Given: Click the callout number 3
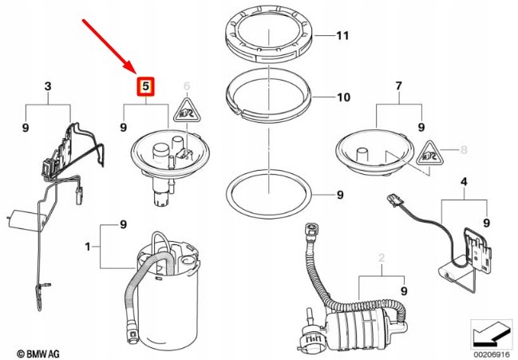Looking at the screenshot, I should pyautogui.click(x=47, y=85).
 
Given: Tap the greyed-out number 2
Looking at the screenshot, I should pyautogui.click(x=382, y=258).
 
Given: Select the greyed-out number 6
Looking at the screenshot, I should pyautogui.click(x=188, y=85).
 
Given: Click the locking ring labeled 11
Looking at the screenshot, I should pyautogui.click(x=267, y=35).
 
